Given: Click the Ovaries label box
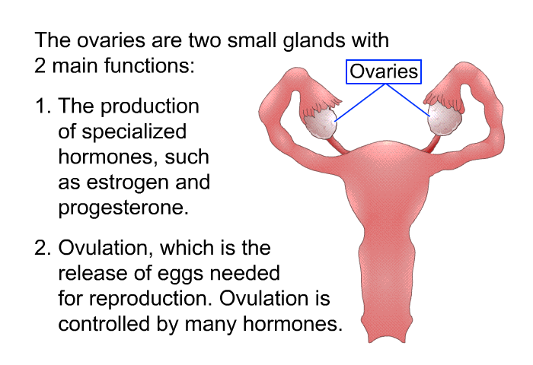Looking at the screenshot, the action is [x=384, y=71].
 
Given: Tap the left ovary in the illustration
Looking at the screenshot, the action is [x=320, y=124].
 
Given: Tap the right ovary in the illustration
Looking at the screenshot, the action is [x=445, y=118].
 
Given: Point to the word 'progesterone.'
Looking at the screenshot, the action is [x=123, y=208].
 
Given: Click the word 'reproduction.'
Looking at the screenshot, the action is [x=152, y=299].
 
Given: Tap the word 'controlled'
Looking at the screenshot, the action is [x=104, y=323].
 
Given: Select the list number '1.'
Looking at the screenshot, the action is [x=43, y=106].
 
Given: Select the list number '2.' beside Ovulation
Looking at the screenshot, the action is [x=43, y=248].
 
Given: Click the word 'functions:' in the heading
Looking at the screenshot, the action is [x=149, y=65].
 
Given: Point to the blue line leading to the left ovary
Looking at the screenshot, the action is [x=359, y=103].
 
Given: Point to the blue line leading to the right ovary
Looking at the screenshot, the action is [x=407, y=100].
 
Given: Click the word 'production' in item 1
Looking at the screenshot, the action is [x=149, y=107].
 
